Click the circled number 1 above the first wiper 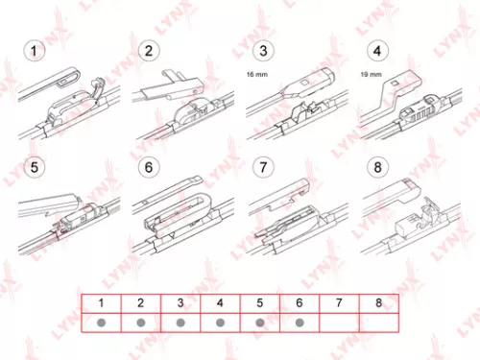[35, 51]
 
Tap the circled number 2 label [149, 51]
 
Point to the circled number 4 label [377, 51]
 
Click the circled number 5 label [35, 167]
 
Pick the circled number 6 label [149, 167]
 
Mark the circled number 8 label [377, 167]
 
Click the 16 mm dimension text [257, 73]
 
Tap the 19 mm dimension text [370, 73]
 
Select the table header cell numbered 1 [100, 301]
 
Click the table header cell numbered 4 [220, 301]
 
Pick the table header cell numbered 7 [339, 301]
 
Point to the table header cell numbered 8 [378, 301]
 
